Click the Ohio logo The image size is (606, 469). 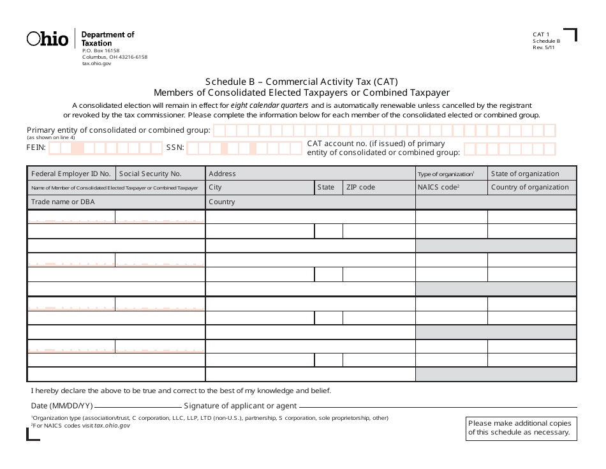pos(47,39)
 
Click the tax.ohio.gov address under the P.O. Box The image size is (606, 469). pos(97,64)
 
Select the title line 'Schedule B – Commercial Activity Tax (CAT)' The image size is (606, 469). pos(301,82)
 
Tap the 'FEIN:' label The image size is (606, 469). pos(36,147)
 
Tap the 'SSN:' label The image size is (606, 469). pos(175,147)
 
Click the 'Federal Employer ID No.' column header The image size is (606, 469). pos(71,174)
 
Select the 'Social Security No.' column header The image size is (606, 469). pos(151,174)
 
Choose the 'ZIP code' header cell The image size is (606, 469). pos(360,188)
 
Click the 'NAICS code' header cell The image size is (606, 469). pos(439,188)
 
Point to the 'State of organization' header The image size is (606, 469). pos(525,174)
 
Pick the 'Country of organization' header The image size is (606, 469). pos(529,188)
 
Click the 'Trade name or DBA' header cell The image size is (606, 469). pos(61,202)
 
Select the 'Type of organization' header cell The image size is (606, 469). pos(445,174)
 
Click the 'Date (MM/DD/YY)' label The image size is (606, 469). pos(62,406)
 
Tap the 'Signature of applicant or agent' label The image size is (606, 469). pos(240,406)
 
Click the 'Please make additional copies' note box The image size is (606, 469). pos(521,428)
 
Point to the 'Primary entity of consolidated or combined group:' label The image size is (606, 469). pos(118,130)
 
